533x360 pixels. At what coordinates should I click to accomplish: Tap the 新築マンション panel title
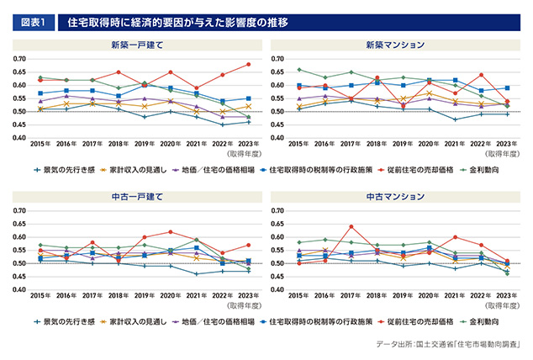pos(393,44)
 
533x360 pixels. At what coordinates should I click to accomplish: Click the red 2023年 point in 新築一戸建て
pos(248,65)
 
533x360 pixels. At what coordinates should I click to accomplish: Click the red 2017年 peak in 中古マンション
pos(351,226)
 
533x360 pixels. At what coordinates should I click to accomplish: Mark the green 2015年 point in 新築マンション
pos(299,70)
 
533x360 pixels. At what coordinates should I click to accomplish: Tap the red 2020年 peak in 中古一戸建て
pos(172,231)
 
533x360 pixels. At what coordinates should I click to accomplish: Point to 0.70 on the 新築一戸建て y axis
pos(18,59)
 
